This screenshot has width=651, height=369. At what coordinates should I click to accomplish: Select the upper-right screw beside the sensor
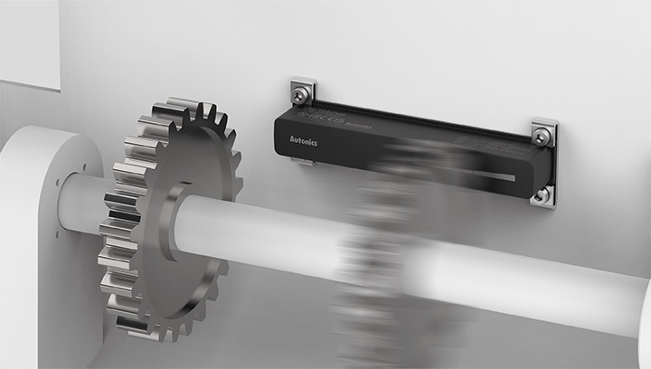(541, 135)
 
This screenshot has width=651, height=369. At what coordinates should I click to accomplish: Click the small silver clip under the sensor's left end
(306, 163)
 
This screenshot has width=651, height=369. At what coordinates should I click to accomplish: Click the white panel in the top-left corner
(27, 41)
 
